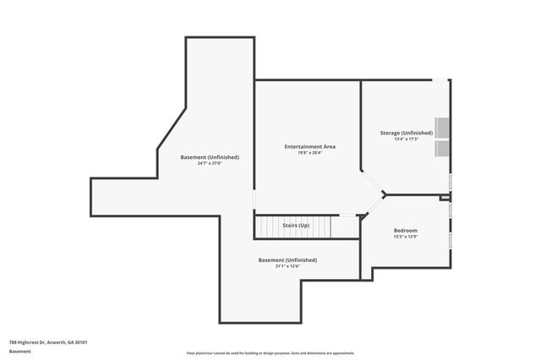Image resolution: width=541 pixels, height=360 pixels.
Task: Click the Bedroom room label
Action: [406, 231]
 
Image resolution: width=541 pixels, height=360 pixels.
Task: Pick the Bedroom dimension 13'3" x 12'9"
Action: [406, 237]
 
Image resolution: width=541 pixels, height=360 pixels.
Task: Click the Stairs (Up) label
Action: [295, 226]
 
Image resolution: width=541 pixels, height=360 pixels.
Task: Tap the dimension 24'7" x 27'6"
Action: [210, 163]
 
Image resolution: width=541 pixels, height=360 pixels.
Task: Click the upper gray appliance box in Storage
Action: [442, 128]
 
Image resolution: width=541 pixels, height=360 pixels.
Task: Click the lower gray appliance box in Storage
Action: [442, 150]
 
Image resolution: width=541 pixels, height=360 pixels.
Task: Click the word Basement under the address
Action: [19, 351]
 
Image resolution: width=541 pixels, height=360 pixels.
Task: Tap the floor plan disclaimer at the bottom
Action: [270, 353]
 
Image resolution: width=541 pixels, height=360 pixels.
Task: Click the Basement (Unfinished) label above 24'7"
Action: [210, 157]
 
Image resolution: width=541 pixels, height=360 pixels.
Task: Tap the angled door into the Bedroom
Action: [373, 205]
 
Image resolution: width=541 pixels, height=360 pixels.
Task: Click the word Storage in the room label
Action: [390, 134]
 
